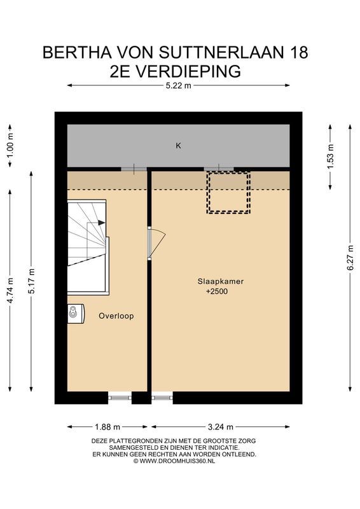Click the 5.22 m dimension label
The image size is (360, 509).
(x=179, y=87)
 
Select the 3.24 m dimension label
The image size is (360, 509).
(x=220, y=427)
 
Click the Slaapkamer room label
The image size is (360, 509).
(x=220, y=281)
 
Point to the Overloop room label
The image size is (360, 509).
(x=116, y=316)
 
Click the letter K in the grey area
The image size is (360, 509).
(x=179, y=146)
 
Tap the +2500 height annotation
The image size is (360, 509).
(x=217, y=292)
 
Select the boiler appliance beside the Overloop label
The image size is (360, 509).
(x=74, y=312)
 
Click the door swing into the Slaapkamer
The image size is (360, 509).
(x=156, y=242)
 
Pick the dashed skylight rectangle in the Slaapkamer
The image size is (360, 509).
(x=227, y=192)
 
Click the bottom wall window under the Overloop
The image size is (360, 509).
(x=120, y=398)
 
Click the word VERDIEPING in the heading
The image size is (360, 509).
(x=188, y=71)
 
